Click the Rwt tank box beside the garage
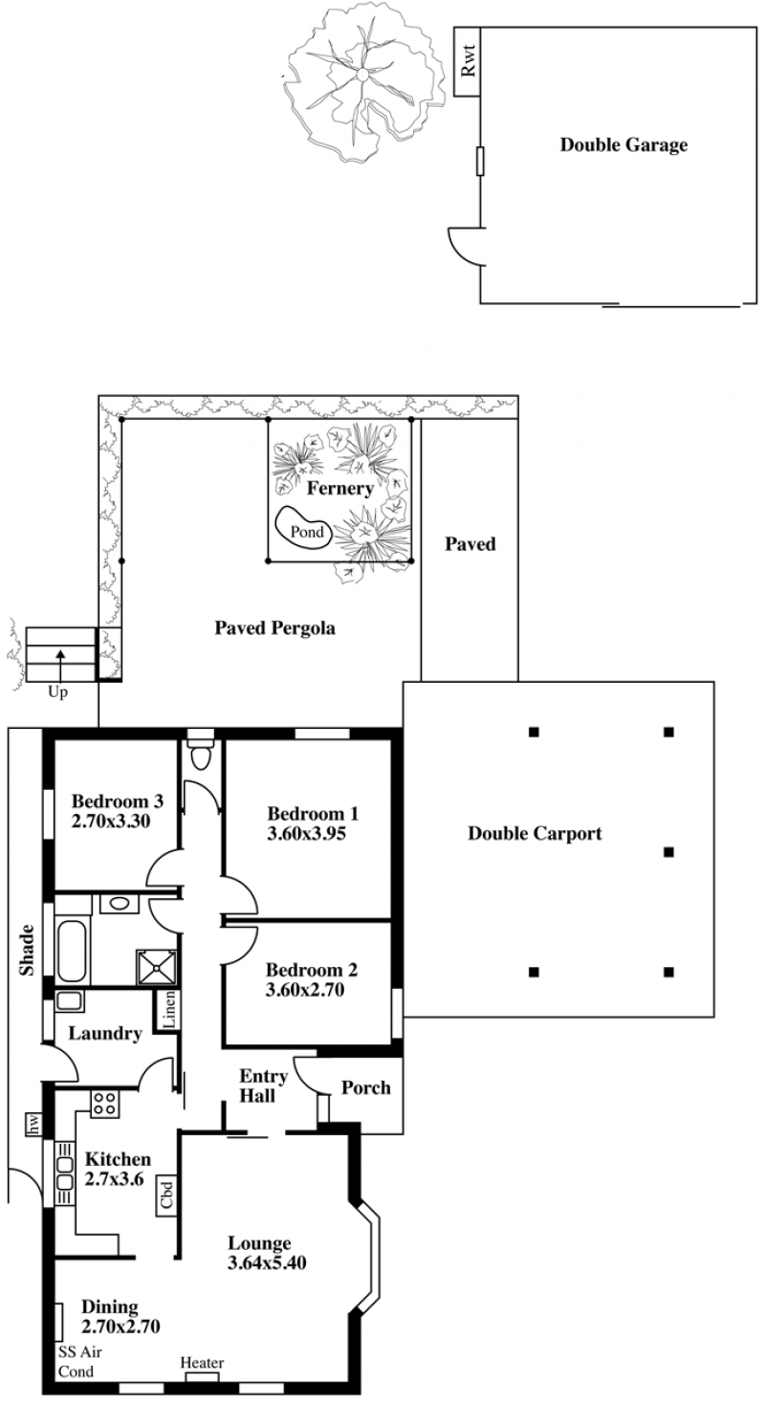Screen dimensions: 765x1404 click(467, 61)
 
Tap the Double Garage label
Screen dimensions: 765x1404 click(623, 145)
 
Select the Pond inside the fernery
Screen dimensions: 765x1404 click(304, 528)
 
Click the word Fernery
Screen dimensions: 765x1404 click(339, 488)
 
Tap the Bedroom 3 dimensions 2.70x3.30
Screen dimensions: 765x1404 click(111, 822)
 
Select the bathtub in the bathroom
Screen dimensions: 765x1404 click(72, 951)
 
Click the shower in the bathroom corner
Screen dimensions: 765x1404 click(157, 967)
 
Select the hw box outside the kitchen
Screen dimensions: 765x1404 click(33, 1124)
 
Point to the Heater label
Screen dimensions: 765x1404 click(202, 1363)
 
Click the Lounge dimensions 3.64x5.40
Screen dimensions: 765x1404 click(267, 1262)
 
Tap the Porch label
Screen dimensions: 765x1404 click(366, 1087)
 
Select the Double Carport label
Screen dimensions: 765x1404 click(535, 833)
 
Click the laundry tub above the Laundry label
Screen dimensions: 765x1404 click(69, 1001)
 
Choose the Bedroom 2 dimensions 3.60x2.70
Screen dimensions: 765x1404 click(305, 990)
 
